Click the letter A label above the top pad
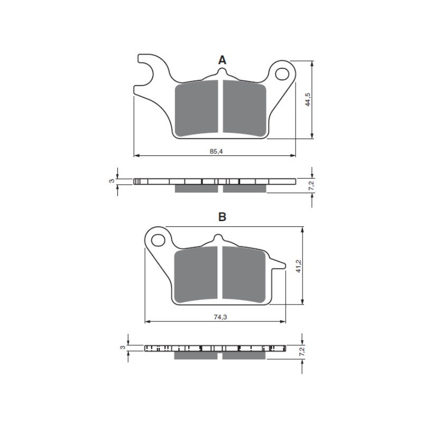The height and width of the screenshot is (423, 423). click(x=222, y=60)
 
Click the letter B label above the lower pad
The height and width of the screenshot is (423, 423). click(x=222, y=217)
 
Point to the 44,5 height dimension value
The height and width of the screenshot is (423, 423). click(x=308, y=100)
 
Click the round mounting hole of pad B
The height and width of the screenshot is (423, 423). click(x=157, y=240)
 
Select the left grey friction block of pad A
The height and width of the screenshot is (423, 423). click(x=196, y=109)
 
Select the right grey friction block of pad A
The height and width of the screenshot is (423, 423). click(x=244, y=108)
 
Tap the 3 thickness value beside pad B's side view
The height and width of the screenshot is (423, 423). click(x=123, y=347)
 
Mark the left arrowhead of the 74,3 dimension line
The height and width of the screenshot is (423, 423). click(x=148, y=321)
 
